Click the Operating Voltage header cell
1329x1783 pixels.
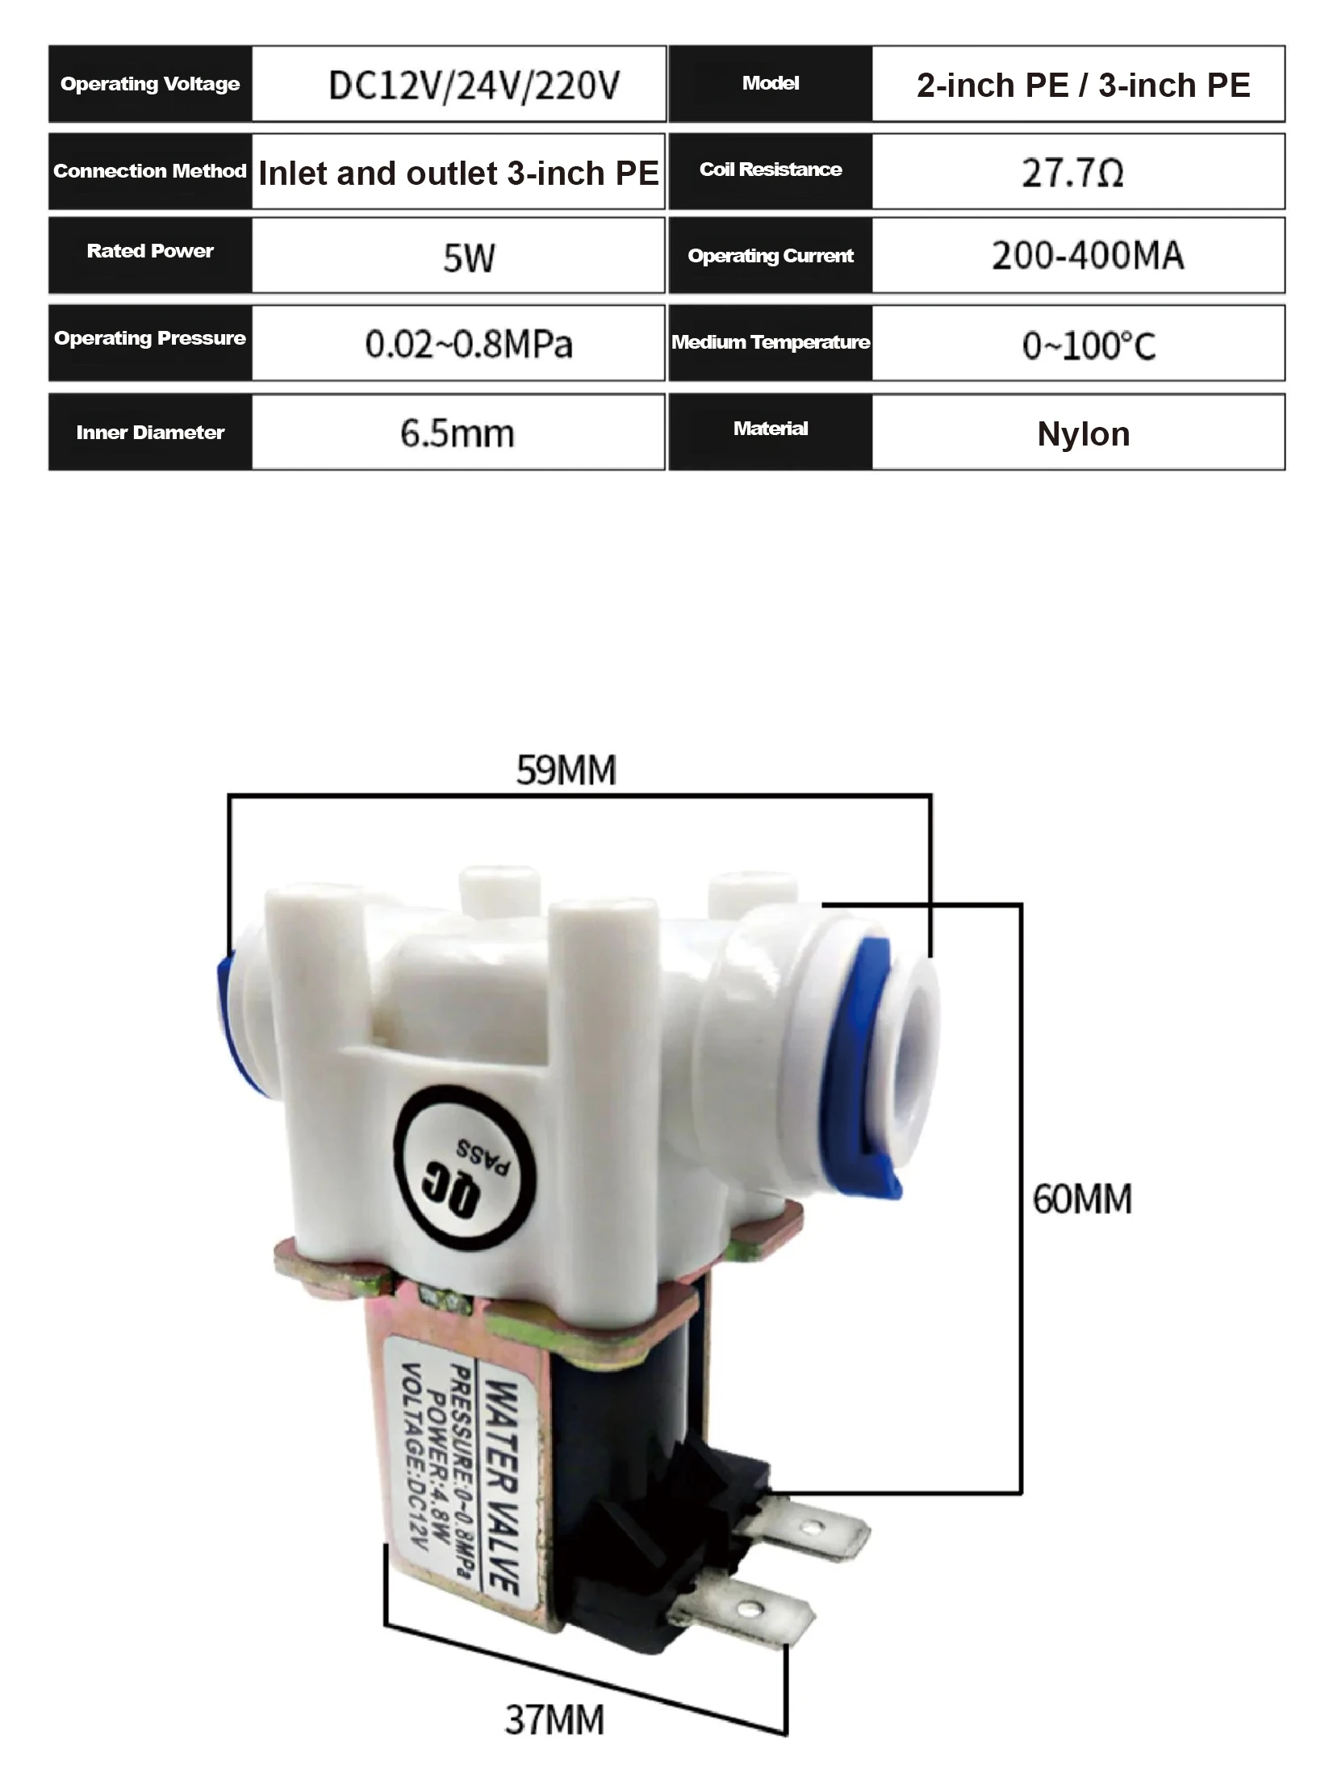coord(150,84)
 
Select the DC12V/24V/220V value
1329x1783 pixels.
coord(474,86)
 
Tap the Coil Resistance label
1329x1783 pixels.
coord(771,170)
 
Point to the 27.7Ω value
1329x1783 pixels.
coord(1072,173)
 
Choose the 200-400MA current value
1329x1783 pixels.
coord(1088,256)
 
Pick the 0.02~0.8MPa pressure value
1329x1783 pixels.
coord(469,345)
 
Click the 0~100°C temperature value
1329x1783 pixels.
coord(1089,346)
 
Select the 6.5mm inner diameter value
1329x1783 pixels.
coord(457,434)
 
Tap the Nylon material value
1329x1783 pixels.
coord(1084,434)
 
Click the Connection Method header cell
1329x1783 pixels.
coord(150,171)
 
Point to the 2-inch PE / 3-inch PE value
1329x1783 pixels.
coord(1084,86)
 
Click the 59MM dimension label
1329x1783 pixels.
coord(566,770)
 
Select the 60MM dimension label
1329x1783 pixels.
coord(1082,1199)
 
